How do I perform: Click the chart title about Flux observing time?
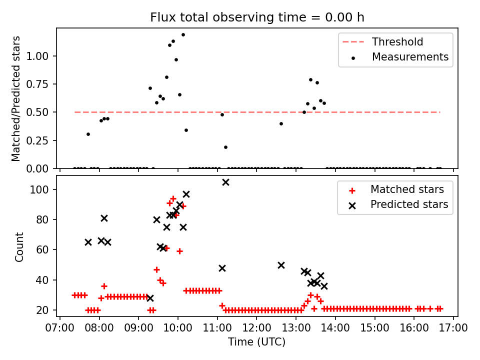click(257, 17)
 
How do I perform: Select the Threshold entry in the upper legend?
click(397, 42)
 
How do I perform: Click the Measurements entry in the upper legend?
click(410, 57)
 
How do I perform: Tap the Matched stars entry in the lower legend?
click(407, 189)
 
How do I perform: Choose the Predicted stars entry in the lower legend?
click(409, 204)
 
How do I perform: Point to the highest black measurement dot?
click(183, 34)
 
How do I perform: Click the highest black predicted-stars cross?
click(225, 182)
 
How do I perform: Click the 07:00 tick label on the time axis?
click(60, 328)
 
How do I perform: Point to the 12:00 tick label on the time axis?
click(256, 328)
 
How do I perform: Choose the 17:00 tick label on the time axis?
click(453, 328)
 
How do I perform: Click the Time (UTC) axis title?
click(256, 342)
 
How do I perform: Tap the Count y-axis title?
click(19, 246)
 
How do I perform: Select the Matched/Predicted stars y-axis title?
click(16, 98)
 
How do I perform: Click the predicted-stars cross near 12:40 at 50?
click(281, 265)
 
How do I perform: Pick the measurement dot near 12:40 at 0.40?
click(281, 123)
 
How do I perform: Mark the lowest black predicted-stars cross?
click(150, 298)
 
